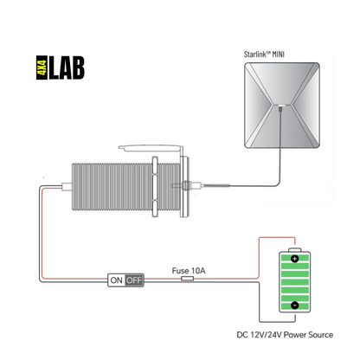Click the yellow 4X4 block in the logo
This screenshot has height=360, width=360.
click(x=42, y=67)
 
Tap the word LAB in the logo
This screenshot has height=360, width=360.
click(x=67, y=67)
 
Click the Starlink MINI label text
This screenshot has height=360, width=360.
click(x=264, y=54)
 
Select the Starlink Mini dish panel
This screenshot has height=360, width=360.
click(x=282, y=106)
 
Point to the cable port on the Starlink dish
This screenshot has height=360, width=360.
click(x=280, y=109)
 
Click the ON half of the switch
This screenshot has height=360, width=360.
click(x=117, y=280)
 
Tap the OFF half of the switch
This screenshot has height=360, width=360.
click(x=134, y=280)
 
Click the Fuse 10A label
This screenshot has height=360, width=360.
click(x=189, y=271)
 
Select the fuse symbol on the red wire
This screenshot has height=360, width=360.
click(x=187, y=279)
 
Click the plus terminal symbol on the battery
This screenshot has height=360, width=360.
click(x=294, y=259)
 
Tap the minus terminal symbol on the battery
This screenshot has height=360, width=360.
click(x=294, y=305)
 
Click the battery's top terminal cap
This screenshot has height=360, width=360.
click(x=295, y=249)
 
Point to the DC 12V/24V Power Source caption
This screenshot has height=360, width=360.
click(x=285, y=335)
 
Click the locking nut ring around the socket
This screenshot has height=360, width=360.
click(x=155, y=187)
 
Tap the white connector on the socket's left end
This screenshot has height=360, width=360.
click(x=67, y=187)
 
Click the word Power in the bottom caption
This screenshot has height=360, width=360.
click(x=295, y=335)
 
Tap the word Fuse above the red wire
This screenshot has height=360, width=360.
click(x=180, y=271)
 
